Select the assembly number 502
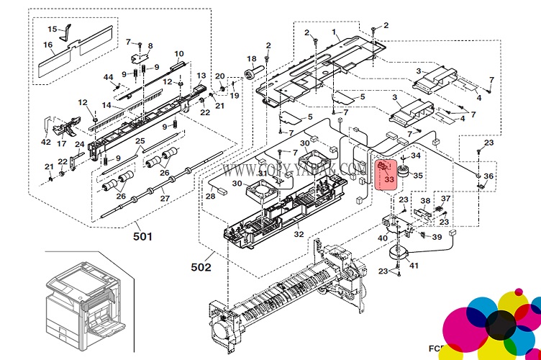point(201,267)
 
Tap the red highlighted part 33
point(386,173)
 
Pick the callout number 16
point(48,45)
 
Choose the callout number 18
point(251,58)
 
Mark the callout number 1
point(334,32)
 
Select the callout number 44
point(108,77)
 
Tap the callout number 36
point(488,176)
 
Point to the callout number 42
point(46,142)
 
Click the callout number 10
point(179,54)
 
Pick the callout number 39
point(437,237)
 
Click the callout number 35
point(418,174)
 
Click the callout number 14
point(106,105)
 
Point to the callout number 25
point(140,141)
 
